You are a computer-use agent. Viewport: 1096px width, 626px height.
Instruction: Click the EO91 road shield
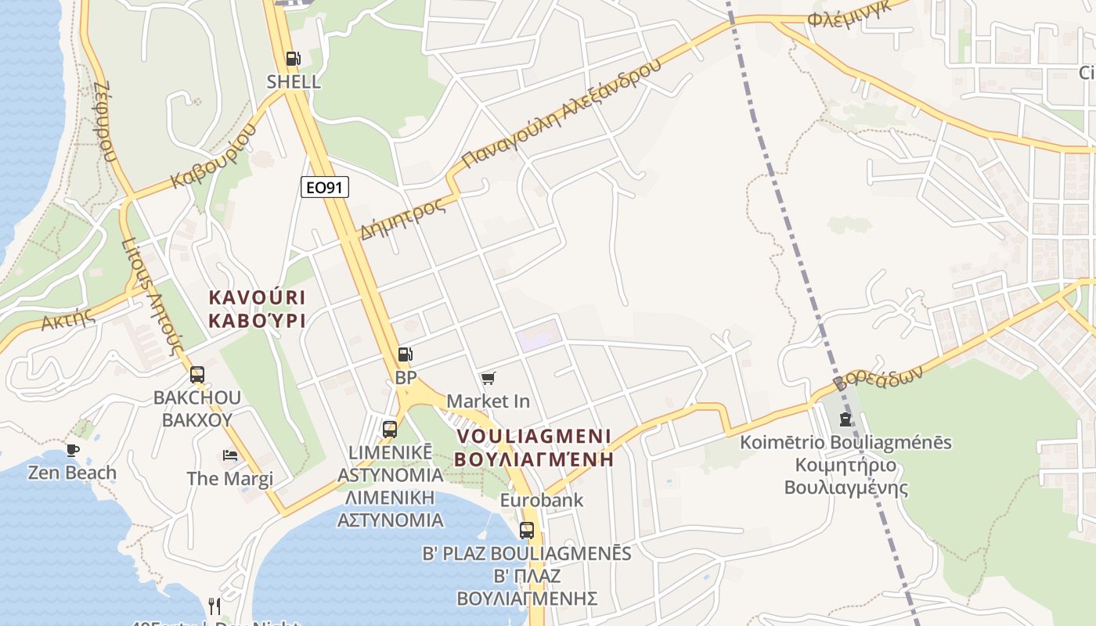click(325, 187)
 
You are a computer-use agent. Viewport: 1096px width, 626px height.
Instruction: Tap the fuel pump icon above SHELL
click(293, 58)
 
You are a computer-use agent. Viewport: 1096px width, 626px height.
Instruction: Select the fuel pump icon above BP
click(405, 354)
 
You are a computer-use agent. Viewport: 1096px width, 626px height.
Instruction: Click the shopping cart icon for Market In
click(489, 379)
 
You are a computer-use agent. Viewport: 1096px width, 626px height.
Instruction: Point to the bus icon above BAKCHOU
click(197, 374)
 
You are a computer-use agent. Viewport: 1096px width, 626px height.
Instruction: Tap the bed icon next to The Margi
click(230, 455)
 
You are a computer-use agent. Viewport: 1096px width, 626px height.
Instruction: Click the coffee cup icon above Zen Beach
click(73, 450)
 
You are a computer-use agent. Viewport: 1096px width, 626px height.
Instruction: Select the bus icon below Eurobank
click(527, 530)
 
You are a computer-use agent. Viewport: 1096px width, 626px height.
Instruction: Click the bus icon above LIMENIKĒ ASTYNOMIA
click(390, 429)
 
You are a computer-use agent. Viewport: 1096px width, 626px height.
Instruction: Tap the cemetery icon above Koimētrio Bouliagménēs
click(845, 419)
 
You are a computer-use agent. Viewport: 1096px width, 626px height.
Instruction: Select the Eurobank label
click(542, 500)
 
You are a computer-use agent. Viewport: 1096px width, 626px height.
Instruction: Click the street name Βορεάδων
click(878, 379)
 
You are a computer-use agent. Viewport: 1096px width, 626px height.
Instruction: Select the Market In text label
click(488, 401)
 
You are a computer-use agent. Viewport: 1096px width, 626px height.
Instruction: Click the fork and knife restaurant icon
click(215, 606)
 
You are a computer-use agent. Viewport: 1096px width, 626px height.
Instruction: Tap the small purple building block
click(539, 335)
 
